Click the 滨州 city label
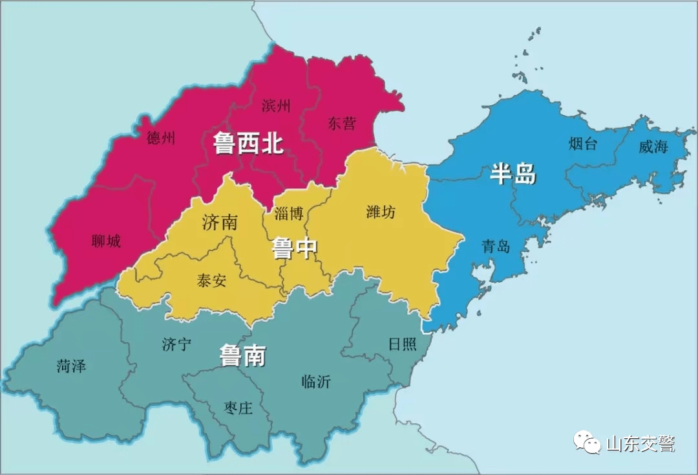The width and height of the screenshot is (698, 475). tap(276, 105)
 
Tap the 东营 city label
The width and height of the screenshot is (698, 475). tap(341, 123)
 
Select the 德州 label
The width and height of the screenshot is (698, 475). tap(161, 138)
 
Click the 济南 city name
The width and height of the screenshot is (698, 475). tap(220, 223)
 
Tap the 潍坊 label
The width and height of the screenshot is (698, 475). tap(381, 211)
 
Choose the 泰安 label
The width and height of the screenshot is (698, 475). tap(212, 281)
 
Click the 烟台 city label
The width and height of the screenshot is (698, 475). tap(583, 144)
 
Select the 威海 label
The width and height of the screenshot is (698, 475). tap(653, 147)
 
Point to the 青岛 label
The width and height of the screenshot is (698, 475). tap(496, 246)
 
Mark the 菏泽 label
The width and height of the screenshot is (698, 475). tap(71, 366)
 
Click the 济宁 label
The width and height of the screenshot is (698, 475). tap(176, 344)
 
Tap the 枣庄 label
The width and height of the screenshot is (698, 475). tap(238, 408)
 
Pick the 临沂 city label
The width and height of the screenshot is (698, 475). tap(316, 382)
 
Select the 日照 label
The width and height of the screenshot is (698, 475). tap(402, 344)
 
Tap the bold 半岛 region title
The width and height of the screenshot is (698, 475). tap(513, 173)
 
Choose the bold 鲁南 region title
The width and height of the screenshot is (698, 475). tap(243, 355)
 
